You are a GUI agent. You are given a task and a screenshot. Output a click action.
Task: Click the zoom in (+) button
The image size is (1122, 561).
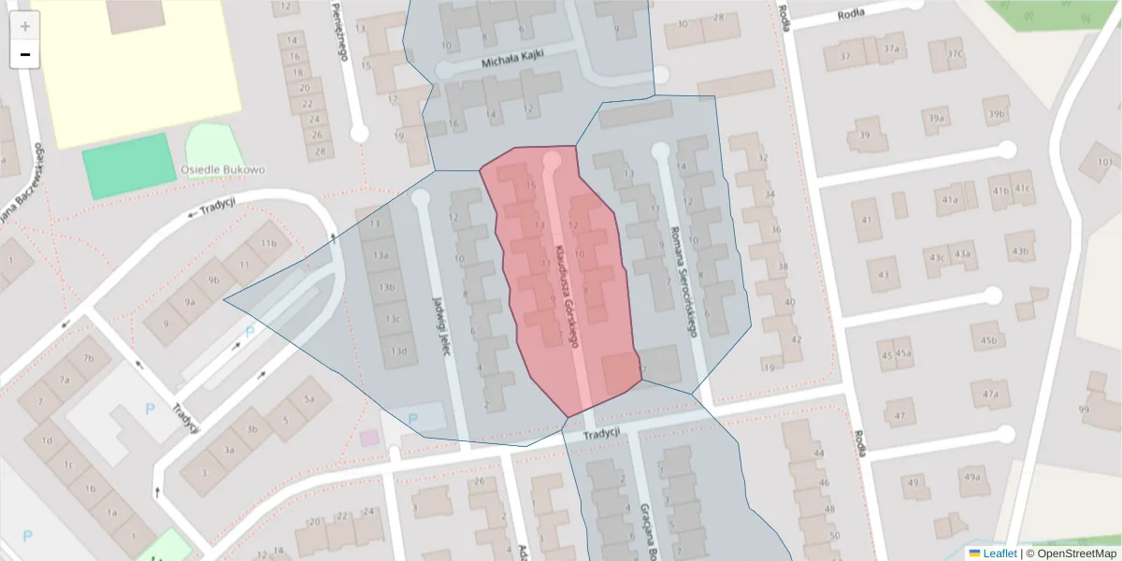[x=25, y=26]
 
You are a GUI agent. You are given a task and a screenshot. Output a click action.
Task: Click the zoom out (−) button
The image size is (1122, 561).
[x=25, y=54]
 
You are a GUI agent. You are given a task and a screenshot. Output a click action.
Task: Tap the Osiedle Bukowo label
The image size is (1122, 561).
[x=222, y=170]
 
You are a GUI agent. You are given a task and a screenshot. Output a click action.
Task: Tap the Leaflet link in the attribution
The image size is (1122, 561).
[x=992, y=554]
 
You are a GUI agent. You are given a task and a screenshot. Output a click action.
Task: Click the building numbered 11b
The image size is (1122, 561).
[x=269, y=244]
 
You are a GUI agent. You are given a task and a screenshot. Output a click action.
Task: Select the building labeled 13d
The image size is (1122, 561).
[x=399, y=351]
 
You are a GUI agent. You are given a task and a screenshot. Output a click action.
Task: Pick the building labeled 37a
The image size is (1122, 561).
[x=891, y=50]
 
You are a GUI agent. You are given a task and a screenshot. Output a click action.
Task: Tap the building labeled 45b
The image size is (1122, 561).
[x=987, y=340]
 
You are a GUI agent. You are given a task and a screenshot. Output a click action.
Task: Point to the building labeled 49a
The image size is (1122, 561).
[x=972, y=478]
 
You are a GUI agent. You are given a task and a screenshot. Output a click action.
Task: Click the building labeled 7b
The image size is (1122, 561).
[x=89, y=359]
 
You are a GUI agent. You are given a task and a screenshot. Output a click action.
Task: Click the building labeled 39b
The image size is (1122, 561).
[x=995, y=115]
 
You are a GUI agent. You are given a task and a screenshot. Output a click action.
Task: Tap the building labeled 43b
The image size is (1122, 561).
[x=1019, y=252]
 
